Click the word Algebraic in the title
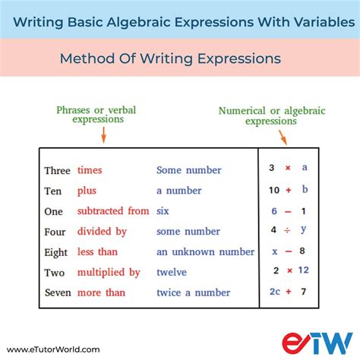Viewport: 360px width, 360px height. coord(138,22)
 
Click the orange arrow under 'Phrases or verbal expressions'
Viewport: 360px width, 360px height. coord(103,135)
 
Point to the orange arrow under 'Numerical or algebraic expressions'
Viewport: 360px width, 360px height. coord(283,137)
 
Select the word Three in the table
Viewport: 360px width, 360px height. coord(57,171)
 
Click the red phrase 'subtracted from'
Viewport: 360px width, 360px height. coord(113,211)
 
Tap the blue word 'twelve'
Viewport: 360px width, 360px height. coord(172,272)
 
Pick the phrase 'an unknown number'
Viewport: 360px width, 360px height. coord(205,252)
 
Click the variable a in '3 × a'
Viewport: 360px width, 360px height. coord(305,167)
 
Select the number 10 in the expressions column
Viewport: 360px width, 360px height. coord(274,190)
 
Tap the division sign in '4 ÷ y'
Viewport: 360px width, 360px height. coord(287,230)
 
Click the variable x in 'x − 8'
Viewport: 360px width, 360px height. coord(275,251)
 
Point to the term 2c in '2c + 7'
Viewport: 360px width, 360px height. coord(275,292)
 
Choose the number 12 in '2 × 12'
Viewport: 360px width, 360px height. coord(304,270)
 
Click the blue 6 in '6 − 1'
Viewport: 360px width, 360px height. coord(274,211)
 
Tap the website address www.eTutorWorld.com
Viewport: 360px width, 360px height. coord(53,349)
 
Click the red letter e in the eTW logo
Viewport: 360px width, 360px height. coord(294,343)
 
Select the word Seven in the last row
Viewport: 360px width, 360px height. coord(58,293)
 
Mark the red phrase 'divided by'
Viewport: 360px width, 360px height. coord(102,232)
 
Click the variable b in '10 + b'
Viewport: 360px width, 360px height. coord(305,189)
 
